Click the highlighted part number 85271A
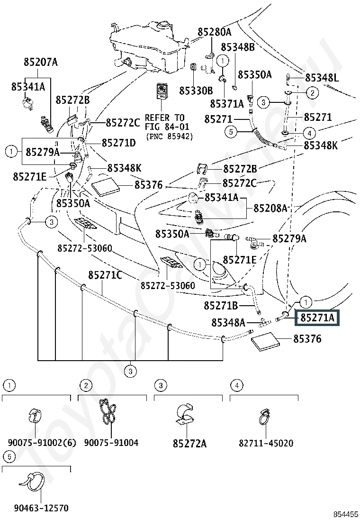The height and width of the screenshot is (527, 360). click(317, 318)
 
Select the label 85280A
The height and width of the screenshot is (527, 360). click(214, 32)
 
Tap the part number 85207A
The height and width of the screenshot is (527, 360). click(41, 62)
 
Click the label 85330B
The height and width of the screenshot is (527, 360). click(196, 91)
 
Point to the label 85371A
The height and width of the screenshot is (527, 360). click(227, 104)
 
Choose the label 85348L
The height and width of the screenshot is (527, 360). click(322, 78)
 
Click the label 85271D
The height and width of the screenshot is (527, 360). click(118, 143)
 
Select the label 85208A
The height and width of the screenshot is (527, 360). click(270, 208)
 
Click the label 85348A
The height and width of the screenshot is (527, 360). click(228, 323)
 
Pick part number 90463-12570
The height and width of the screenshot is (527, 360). click(41, 508)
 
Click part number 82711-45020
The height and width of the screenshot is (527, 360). click(266, 443)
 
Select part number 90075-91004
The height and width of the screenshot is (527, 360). click(111, 443)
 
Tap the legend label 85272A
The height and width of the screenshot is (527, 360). click(190, 444)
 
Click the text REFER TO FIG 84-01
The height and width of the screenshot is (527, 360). click(167, 122)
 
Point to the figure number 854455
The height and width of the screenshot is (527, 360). click(346, 515)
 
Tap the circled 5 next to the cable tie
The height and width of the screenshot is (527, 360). click(9, 456)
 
